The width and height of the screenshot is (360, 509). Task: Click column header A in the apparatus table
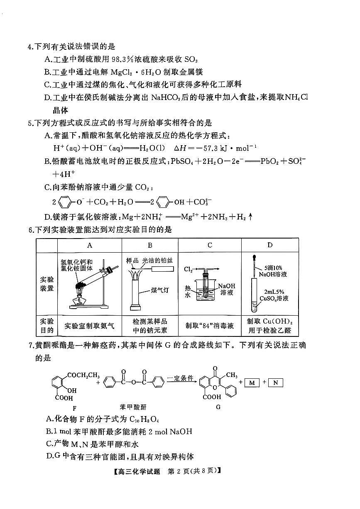(x=90, y=245)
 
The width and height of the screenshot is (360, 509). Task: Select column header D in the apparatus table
(x=270, y=245)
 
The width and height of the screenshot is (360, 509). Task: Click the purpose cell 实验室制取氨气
(x=90, y=326)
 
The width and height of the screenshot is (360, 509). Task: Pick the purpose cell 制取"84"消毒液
(x=210, y=326)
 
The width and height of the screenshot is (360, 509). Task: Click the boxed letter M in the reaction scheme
(x=252, y=382)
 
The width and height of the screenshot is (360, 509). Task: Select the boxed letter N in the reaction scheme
(x=275, y=382)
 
